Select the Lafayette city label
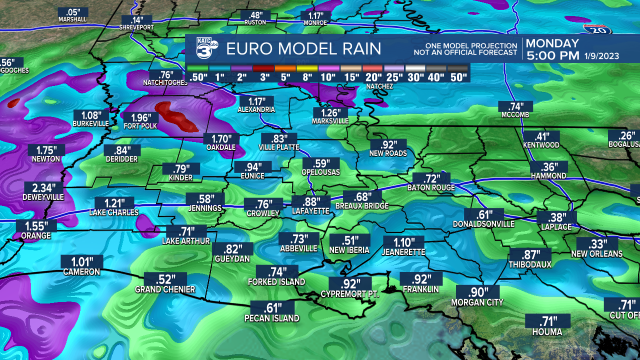[310, 211]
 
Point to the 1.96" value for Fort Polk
[137, 117]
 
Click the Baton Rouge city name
[431, 187]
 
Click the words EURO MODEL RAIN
[303, 48]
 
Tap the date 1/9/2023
[602, 56]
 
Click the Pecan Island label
[272, 318]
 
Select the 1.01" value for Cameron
[82, 261]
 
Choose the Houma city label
[546, 331]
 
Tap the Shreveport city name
[136, 27]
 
